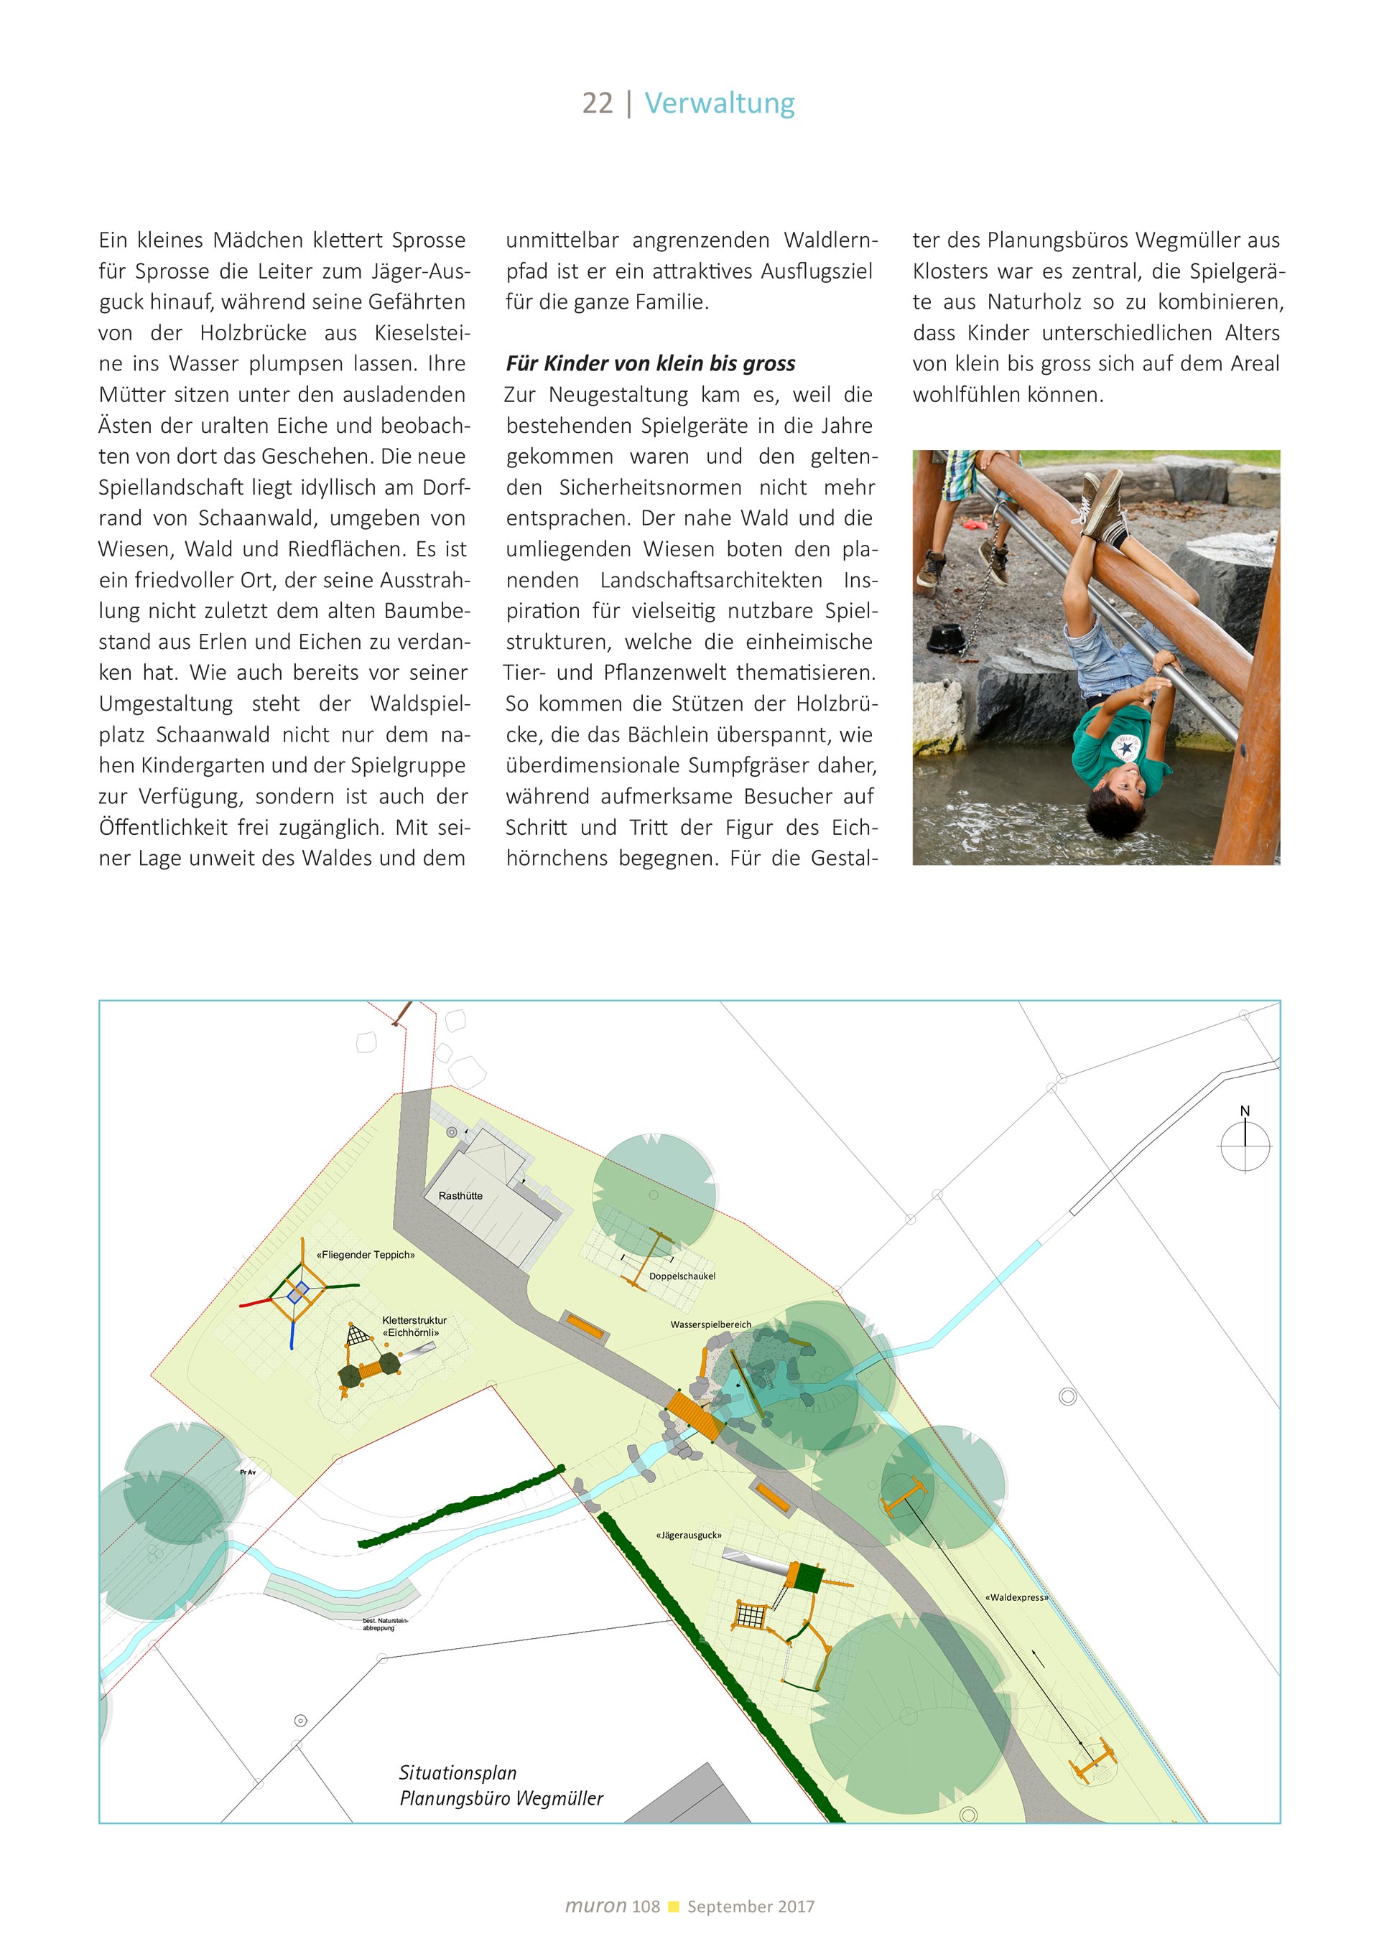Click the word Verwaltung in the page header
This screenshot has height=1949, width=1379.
pos(719,103)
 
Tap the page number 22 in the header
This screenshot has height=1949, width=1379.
pos(597,103)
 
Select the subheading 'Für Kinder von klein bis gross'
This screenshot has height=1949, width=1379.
pos(651,364)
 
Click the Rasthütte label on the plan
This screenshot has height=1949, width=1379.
pos(460,1196)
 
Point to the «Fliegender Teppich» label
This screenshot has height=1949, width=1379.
pos(365,1255)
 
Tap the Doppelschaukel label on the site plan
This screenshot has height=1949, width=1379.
pos(682,1276)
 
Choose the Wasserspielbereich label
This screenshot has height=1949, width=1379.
pos(711,1324)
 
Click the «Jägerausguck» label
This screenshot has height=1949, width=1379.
pos(689,1535)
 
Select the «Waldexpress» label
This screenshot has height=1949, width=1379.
pos(1016,1597)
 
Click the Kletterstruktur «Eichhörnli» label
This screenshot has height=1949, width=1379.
pos(414,1326)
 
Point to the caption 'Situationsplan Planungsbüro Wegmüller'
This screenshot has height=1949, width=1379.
pos(501,1785)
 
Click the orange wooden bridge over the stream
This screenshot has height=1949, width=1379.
pos(695,1415)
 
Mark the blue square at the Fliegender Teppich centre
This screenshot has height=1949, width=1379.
pos(298,1292)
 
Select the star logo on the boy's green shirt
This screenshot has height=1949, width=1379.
pos(1127,747)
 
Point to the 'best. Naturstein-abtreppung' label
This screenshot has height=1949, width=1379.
pos(385,1624)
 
